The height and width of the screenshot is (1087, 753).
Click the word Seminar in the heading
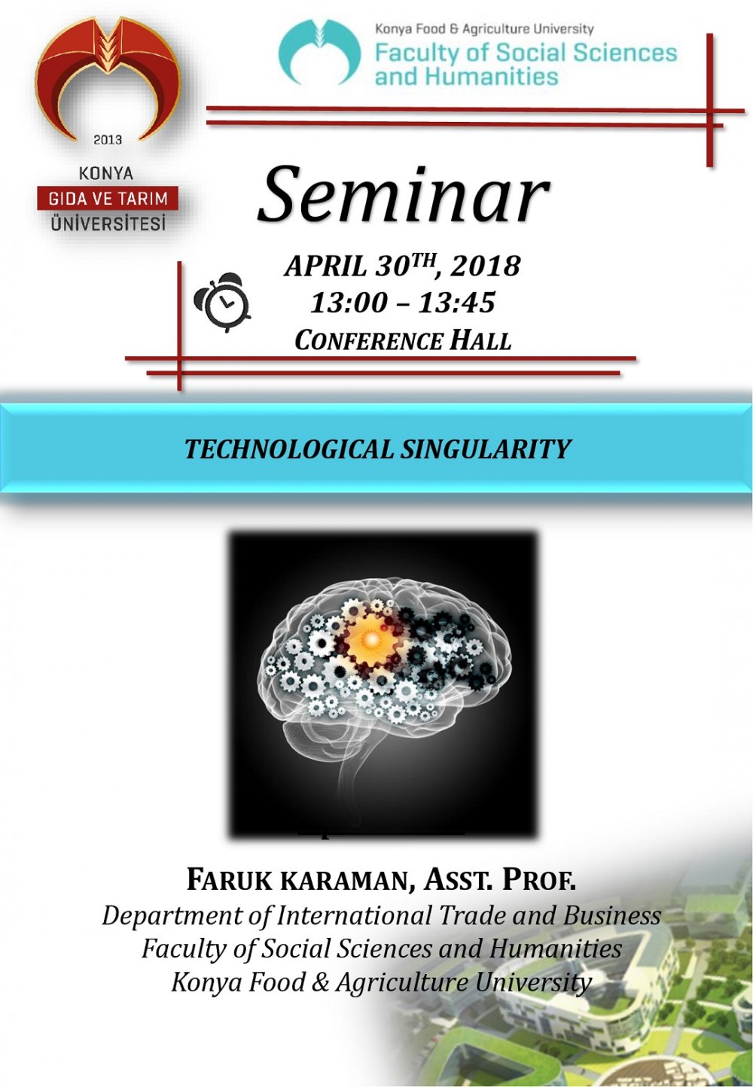[403, 196]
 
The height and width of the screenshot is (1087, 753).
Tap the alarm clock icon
[223, 303]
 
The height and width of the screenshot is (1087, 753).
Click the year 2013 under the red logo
[108, 139]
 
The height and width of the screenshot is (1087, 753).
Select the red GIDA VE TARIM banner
[108, 199]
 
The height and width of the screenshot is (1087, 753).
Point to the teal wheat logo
[319, 52]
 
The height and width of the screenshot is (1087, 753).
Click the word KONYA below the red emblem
[106, 174]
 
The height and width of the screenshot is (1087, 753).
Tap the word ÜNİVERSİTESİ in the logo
[108, 224]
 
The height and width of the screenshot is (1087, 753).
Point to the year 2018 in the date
[486, 266]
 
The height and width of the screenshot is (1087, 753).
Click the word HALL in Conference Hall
[480, 340]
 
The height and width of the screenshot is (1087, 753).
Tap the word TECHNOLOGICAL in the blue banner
[289, 449]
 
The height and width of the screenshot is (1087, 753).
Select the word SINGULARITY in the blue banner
[486, 449]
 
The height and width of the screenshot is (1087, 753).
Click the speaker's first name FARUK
[228, 879]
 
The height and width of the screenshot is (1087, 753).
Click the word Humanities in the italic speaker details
[556, 948]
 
